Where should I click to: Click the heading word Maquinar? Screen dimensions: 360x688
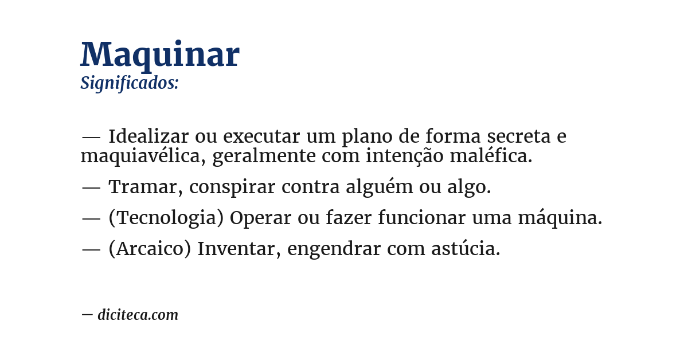(x=159, y=55)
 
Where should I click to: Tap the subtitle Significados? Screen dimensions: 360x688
(x=130, y=83)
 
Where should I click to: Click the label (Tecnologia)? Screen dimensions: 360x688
(x=166, y=218)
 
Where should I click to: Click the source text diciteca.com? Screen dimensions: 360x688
(x=138, y=315)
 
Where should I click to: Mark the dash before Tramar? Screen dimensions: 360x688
(x=91, y=187)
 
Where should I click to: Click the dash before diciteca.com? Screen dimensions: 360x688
(x=87, y=314)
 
